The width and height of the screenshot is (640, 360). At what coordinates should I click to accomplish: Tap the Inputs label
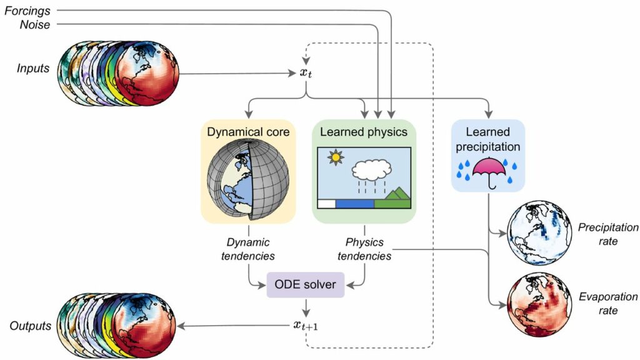(33, 67)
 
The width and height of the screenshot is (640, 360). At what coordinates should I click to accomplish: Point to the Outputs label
(29, 326)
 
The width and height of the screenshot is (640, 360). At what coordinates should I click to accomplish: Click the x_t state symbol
(306, 73)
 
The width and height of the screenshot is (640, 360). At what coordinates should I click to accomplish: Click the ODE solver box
(305, 284)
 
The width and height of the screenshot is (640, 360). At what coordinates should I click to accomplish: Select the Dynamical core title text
(248, 132)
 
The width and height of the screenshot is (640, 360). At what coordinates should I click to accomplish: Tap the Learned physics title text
(363, 132)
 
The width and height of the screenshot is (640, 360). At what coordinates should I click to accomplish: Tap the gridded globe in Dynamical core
(247, 178)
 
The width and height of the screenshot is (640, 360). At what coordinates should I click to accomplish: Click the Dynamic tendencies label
(249, 249)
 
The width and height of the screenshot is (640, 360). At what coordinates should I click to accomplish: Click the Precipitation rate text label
(600, 234)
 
